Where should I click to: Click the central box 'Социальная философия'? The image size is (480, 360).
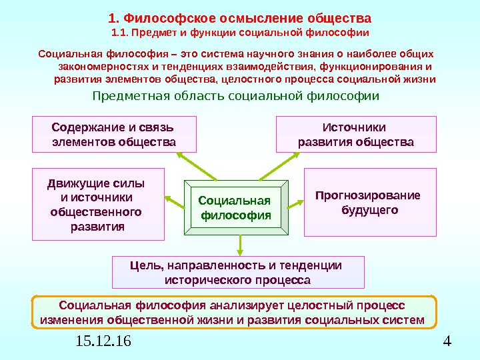coord(235,208)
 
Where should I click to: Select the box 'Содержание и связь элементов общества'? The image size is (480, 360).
coord(114,134)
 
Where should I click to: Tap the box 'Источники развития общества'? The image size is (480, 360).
coord(356,134)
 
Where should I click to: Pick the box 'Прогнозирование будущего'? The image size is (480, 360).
coord(370,203)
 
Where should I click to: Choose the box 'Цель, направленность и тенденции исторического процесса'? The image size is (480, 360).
coord(238,272)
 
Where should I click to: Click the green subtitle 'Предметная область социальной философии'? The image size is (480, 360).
coord(235,96)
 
